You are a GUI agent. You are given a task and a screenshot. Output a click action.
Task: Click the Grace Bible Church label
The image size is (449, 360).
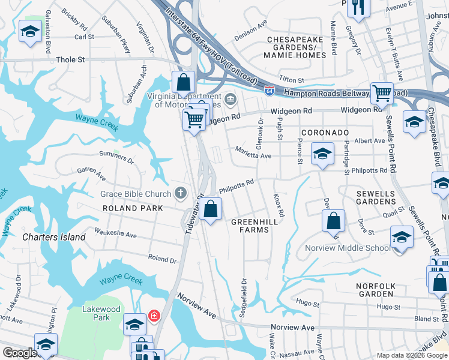tap(136, 194)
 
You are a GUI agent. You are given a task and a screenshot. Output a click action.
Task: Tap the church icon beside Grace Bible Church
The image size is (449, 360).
tap(179, 193)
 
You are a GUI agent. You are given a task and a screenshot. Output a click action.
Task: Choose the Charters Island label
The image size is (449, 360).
tap(54, 237)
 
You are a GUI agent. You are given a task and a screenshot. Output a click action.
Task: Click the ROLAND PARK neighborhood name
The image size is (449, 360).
tap(133, 208)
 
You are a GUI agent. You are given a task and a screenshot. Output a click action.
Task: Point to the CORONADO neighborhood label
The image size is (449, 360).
tap(325, 132)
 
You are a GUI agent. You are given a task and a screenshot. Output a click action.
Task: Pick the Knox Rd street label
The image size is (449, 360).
tap(279, 205)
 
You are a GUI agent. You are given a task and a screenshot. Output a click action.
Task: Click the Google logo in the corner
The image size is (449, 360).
tap(20, 353)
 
